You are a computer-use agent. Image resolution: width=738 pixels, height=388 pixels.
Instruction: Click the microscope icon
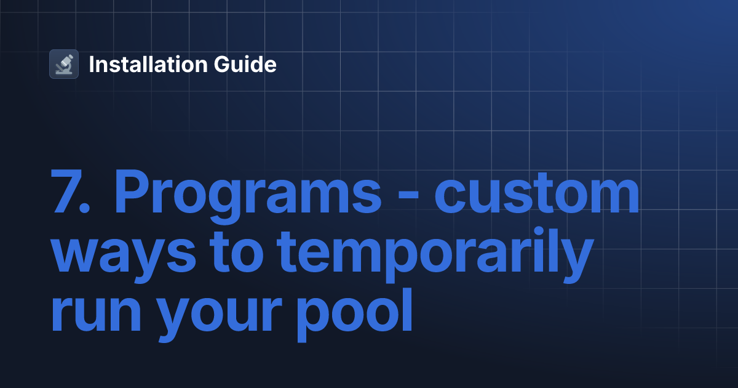point(64,64)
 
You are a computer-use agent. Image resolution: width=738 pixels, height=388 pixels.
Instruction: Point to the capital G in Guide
point(234,64)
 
